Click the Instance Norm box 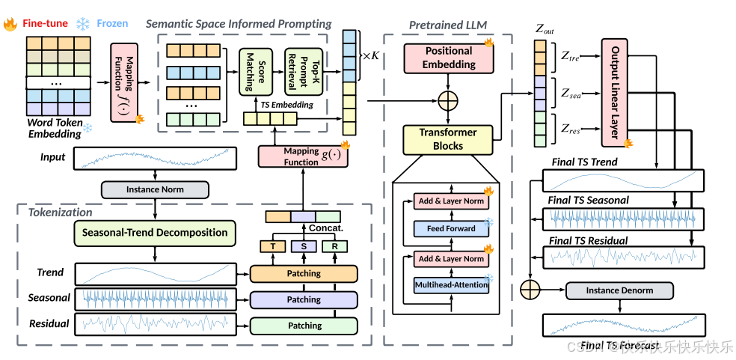156,189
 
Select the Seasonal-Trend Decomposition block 155,232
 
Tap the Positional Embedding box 449,58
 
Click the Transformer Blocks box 448,138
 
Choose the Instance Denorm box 620,290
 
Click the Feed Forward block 451,228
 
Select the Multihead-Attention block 451,284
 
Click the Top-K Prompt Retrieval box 301,73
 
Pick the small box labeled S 303,246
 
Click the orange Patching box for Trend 304,274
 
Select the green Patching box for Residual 304,326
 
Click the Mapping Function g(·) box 302,156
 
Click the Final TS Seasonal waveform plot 622,218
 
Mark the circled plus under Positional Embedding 449,99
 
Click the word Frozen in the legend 112,24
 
